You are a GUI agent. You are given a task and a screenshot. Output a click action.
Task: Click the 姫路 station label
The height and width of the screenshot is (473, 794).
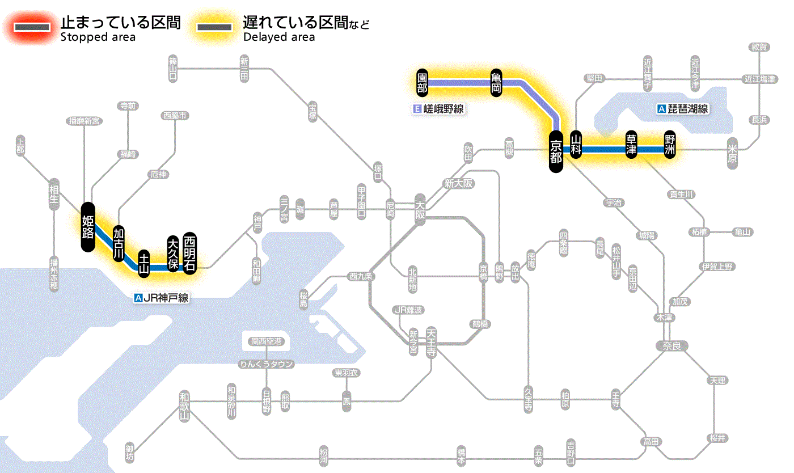tap(87, 227)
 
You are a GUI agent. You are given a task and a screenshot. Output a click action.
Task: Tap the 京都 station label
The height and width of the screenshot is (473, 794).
tap(556, 151)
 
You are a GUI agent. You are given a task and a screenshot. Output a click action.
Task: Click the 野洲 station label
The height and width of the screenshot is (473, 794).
tap(670, 145)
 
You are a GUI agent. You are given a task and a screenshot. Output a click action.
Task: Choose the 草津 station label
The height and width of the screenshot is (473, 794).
tap(631, 145)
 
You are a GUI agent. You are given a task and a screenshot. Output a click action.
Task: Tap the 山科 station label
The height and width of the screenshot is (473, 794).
tap(576, 145)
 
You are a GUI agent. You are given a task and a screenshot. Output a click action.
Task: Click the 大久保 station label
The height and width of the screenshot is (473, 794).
tap(173, 253)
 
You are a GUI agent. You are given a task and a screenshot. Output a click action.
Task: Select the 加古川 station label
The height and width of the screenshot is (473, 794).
tap(118, 243)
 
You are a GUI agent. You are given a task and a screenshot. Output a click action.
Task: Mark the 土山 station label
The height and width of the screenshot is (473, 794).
tap(144, 263)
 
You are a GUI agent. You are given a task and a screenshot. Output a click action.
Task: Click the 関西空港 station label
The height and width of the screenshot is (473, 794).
tap(267, 341)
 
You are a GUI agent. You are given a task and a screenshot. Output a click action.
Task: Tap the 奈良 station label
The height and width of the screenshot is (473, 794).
tap(671, 345)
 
